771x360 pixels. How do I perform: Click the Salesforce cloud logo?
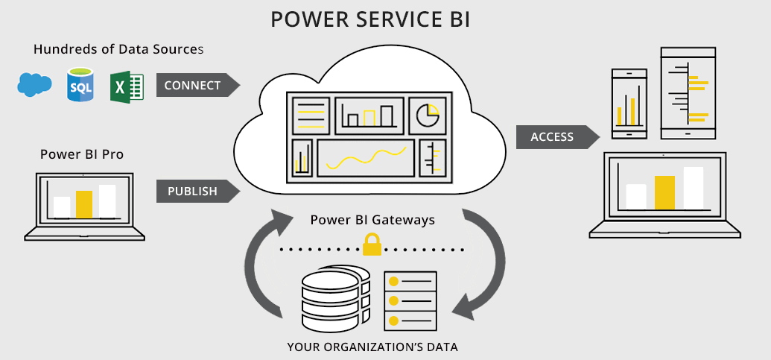(34, 85)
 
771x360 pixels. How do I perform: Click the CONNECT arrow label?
(194, 86)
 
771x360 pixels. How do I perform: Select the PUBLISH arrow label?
(194, 191)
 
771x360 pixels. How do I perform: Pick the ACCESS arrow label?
(553, 137)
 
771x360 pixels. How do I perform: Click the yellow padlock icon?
(371, 244)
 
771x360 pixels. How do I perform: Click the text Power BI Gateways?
(372, 221)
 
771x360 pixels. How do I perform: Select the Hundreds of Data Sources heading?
(118, 49)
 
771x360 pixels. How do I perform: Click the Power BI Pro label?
(82, 154)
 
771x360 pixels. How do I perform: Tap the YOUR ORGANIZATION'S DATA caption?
(372, 347)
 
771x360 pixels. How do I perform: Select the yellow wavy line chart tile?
(366, 157)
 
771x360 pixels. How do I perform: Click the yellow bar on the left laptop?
(84, 203)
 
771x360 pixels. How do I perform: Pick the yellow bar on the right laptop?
(664, 192)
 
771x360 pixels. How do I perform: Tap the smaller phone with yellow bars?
(629, 104)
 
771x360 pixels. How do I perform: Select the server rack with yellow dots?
(410, 300)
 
